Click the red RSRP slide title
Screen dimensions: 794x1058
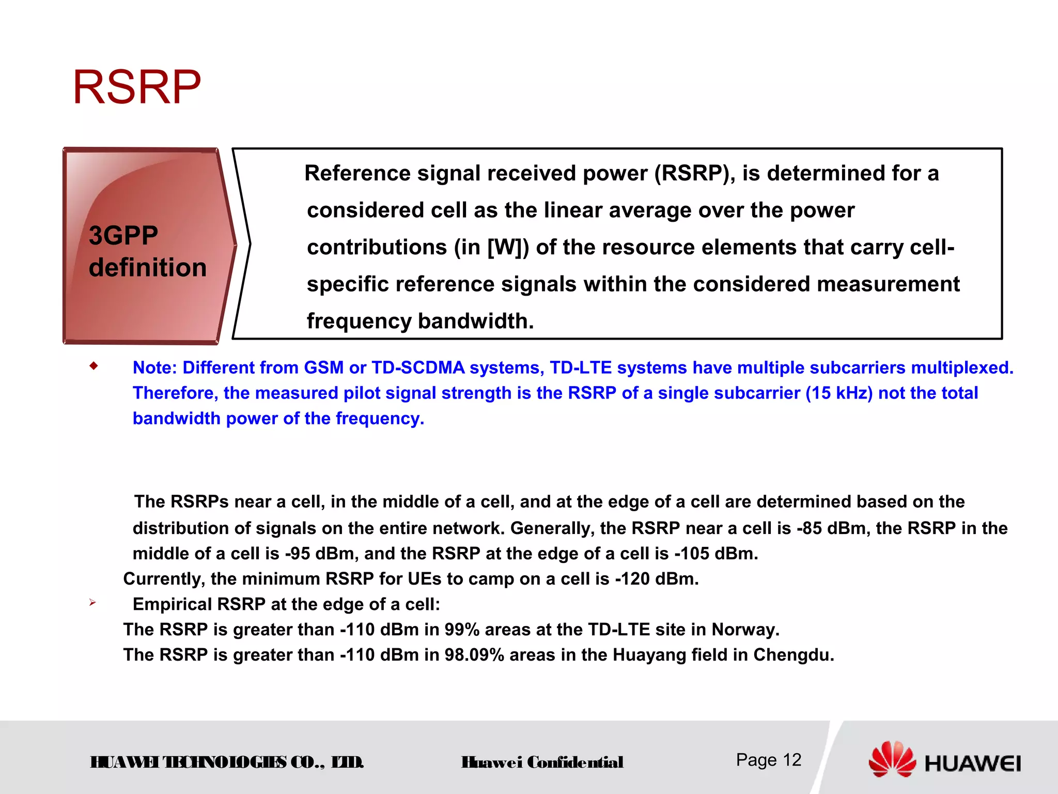pos(137,87)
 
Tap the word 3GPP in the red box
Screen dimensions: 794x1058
pos(123,236)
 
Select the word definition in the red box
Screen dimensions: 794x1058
pos(148,268)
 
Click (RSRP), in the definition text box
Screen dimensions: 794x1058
pos(695,173)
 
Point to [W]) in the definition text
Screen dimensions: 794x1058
pos(508,247)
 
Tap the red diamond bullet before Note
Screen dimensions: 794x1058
pos(94,367)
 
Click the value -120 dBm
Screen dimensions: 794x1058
pos(656,579)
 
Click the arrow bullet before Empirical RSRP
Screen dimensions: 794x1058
pos(92,602)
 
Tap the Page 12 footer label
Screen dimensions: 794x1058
pos(768,760)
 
